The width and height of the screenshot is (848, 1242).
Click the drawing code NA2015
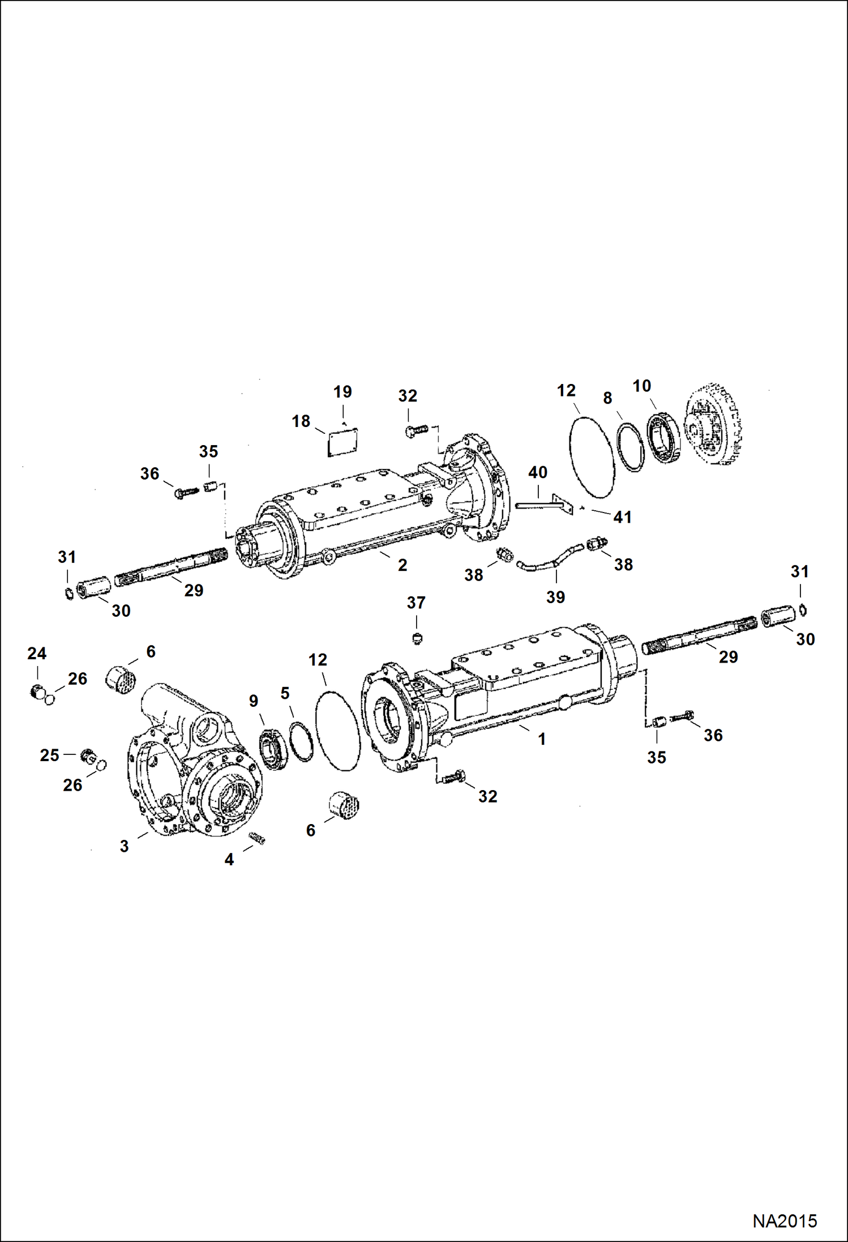tap(784, 1220)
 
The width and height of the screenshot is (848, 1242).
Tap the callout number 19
tap(342, 391)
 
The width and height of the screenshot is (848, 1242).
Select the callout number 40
tap(538, 472)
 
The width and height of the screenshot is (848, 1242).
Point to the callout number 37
tap(416, 603)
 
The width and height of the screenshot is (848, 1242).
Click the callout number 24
tap(37, 654)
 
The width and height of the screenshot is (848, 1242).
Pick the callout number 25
tap(49, 755)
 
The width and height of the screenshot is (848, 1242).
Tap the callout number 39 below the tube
tap(555, 597)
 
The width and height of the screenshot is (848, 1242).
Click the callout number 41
tap(622, 517)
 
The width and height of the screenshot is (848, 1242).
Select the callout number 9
tap(254, 701)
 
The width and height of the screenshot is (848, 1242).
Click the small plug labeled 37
tap(417, 639)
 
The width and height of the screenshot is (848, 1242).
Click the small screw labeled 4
tap(257, 838)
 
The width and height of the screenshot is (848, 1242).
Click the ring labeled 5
tap(301, 742)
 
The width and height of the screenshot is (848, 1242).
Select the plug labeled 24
tap(37, 691)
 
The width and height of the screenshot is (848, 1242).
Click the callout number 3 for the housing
tap(125, 846)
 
